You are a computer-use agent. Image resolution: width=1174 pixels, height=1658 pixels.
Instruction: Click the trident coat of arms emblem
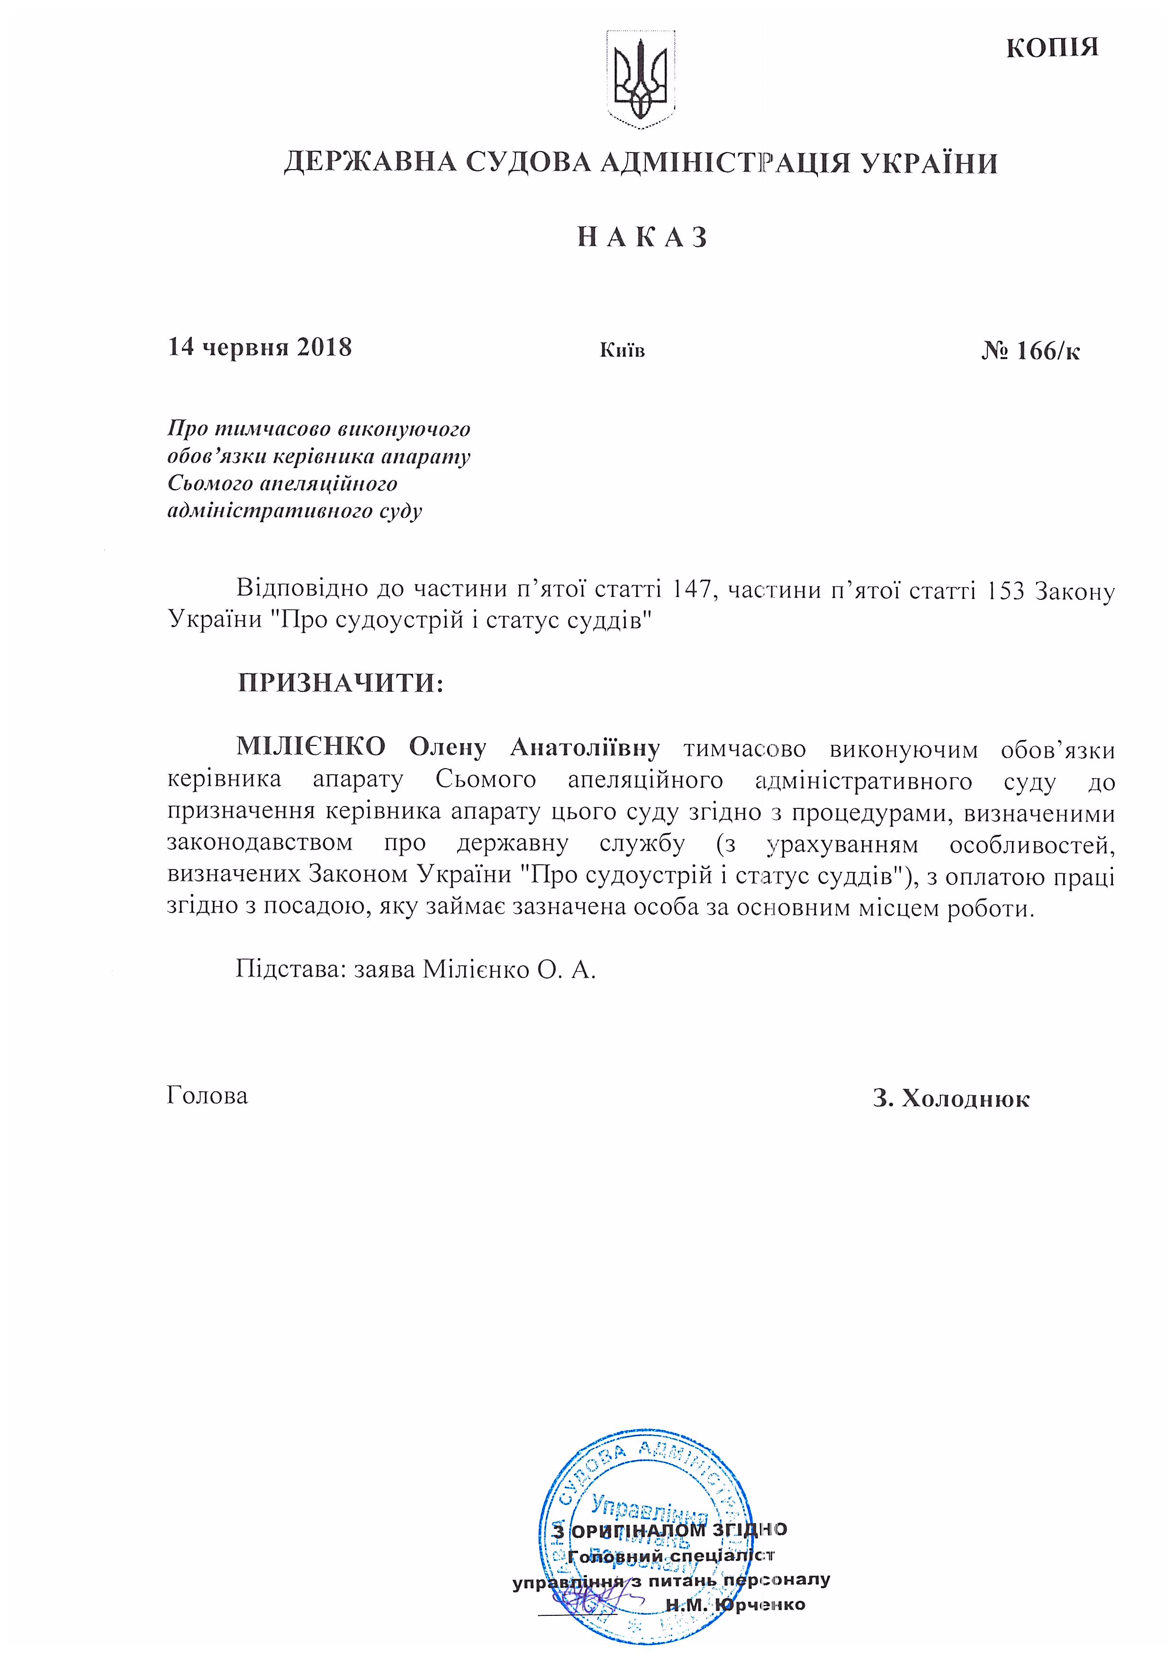pyautogui.click(x=641, y=80)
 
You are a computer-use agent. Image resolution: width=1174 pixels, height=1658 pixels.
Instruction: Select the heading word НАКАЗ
pyautogui.click(x=642, y=238)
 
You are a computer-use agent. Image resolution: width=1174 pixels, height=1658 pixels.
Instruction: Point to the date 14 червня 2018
pyautogui.click(x=260, y=348)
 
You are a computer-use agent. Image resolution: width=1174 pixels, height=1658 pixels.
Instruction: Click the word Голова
pyautogui.click(x=208, y=1096)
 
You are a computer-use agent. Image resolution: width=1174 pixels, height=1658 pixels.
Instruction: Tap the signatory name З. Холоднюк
pyautogui.click(x=951, y=1099)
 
